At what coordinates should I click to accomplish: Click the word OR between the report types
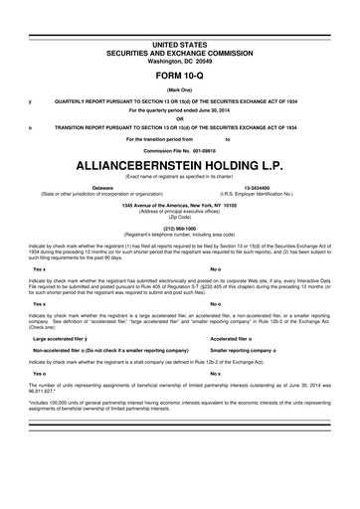pos(180,116)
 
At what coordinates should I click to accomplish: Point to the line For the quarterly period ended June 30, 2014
pos(180,108)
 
